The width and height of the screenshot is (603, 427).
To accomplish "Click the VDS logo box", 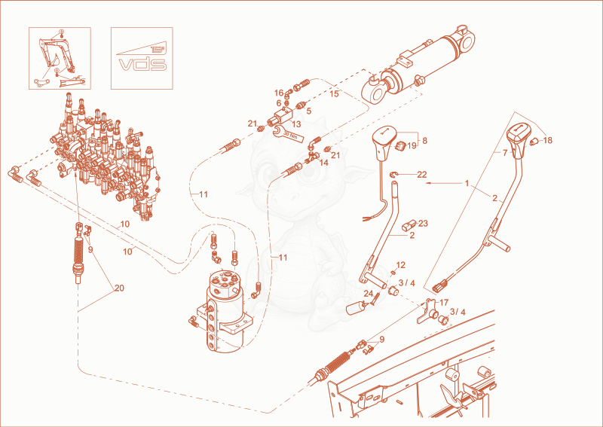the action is coord(142,58).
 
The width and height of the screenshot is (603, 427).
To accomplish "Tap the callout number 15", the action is coord(334,93).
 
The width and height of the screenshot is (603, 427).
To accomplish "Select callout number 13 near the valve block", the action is coord(296,124).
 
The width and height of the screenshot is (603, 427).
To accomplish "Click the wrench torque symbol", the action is coord(287,133).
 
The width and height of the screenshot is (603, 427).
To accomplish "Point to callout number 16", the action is coord(279,93).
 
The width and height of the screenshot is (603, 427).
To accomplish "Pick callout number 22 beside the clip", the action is coord(422,175).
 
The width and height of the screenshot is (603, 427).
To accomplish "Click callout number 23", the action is coord(423,224).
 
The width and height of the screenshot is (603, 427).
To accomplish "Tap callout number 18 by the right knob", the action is coord(548,140).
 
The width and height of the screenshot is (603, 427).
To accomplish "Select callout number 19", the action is coord(412,145).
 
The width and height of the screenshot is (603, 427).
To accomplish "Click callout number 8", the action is coord(424,141).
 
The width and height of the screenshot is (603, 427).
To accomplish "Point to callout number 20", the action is coord(119,288).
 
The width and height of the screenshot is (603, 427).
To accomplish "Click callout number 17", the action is coord(444,303).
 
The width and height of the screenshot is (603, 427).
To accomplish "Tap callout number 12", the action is coord(401,265).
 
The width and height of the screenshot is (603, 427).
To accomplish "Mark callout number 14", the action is coord(324,163).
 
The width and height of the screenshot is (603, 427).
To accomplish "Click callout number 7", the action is coord(505,153).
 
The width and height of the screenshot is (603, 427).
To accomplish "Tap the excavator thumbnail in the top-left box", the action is coord(60,58).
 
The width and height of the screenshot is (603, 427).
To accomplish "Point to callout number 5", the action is coord(308,111).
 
